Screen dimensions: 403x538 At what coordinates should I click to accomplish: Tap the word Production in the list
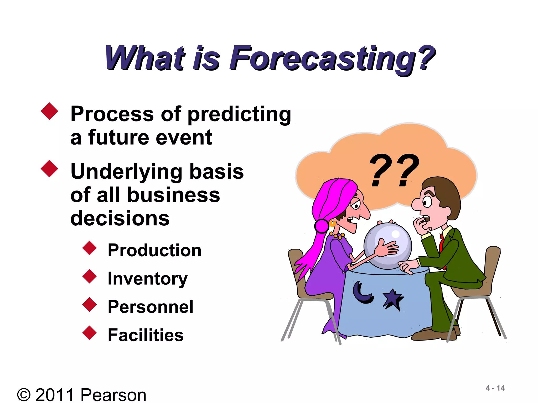point(154,250)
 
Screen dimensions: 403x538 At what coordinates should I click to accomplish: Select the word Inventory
point(148,279)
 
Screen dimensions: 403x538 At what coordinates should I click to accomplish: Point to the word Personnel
point(151,307)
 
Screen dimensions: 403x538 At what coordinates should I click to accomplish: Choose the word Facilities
point(146,335)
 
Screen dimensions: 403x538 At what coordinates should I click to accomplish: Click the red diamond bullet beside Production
point(90,248)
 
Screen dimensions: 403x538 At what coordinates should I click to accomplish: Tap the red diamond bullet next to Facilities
point(90,333)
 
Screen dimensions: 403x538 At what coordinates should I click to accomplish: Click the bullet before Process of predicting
point(49,111)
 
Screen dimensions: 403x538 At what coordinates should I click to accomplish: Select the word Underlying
point(126,172)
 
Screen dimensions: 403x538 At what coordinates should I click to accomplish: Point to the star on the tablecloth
point(393,299)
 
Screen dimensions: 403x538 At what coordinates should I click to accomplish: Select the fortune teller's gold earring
point(332,223)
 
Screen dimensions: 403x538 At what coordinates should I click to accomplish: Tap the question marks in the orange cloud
point(394,171)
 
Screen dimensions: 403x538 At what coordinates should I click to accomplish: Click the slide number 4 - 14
point(495,388)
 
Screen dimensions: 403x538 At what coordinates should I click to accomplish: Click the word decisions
point(120,218)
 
